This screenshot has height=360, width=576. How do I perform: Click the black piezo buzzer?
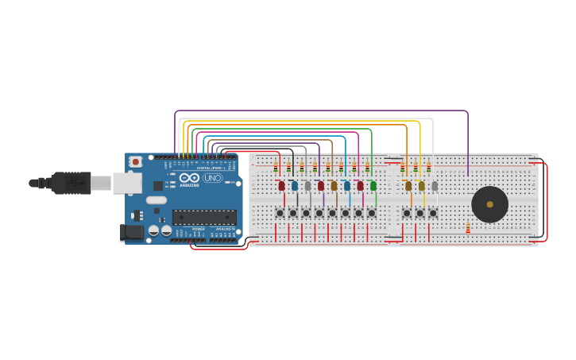coord(489,204)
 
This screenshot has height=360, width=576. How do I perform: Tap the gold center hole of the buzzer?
coord(489,204)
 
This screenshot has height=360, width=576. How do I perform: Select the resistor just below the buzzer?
coord(468,229)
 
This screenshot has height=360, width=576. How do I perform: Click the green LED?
coord(373,185)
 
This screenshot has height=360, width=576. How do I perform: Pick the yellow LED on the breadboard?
coord(421,186)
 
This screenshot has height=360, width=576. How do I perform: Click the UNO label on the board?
coord(213,178)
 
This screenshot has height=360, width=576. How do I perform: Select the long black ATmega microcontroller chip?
coord(204,217)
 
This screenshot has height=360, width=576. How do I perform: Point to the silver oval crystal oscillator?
coord(157,200)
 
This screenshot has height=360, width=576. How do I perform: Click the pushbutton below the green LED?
coord(371,213)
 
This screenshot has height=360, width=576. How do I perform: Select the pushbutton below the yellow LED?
coord(419,213)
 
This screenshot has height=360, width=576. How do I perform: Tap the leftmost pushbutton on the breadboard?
coord(280,213)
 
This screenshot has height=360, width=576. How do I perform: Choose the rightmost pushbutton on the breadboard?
coord(433,213)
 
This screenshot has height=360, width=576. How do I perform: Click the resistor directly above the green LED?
coord(367,167)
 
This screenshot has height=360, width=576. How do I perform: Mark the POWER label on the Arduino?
coord(198,229)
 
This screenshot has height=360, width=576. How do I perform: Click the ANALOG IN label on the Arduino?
coord(224,229)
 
